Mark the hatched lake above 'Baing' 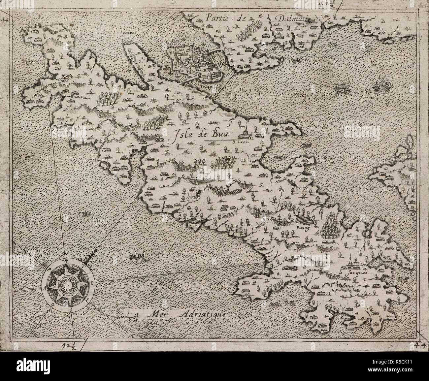[304, 219]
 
